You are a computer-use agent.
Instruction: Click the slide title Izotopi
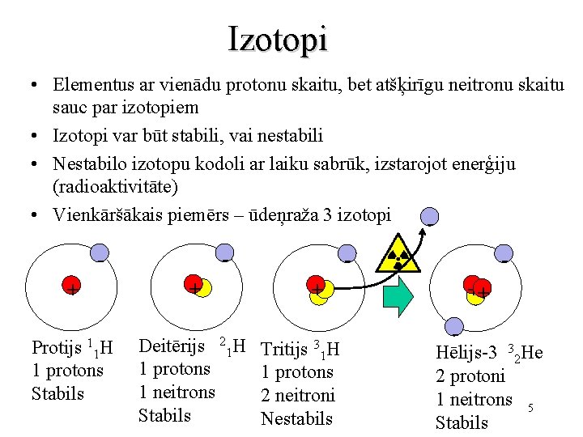coord(278,38)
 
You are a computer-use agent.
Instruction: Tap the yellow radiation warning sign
coord(398,253)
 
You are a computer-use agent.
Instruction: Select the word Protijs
coord(57,349)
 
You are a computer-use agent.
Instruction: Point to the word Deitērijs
coord(171,346)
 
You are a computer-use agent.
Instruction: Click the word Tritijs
coord(284,350)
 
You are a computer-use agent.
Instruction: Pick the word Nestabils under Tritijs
coord(296,418)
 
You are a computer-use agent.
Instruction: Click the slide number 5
coord(530,407)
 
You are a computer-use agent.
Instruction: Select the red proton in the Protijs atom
coord(72,286)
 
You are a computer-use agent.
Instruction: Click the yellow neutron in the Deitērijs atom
coord(203,288)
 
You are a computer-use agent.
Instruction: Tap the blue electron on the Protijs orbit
coord(99,253)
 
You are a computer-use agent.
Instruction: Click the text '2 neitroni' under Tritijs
coord(297,396)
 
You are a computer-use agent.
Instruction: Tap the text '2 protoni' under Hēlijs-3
coord(470,376)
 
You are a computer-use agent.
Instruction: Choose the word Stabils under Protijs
coord(57,394)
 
